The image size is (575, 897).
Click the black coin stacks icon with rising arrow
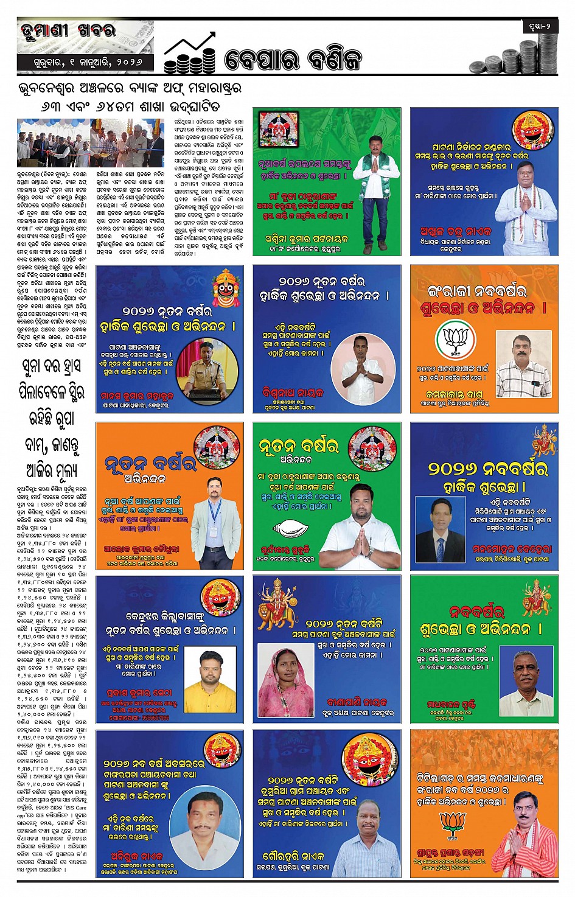pyautogui.click(x=190, y=54)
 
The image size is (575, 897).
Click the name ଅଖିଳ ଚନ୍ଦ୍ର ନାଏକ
pyautogui.click(x=455, y=232)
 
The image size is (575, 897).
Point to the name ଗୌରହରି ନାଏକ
pyautogui.click(x=293, y=856)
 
